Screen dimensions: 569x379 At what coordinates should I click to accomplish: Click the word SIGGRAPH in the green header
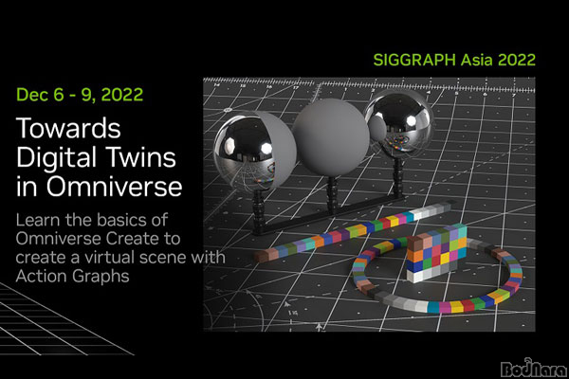click(414, 60)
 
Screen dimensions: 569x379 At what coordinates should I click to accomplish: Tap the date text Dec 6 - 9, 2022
click(80, 95)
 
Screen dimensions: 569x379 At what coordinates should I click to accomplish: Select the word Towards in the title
click(68, 128)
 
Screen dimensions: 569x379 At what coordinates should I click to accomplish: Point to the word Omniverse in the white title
click(114, 186)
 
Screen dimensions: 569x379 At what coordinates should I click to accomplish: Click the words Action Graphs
click(73, 277)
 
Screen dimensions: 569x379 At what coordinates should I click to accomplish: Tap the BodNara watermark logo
click(533, 368)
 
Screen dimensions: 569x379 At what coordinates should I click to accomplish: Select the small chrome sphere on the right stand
click(399, 122)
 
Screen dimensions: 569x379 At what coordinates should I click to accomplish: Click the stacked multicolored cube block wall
click(436, 253)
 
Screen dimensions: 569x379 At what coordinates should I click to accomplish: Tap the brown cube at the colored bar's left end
click(262, 255)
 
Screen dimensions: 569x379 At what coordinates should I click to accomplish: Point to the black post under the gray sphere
click(332, 194)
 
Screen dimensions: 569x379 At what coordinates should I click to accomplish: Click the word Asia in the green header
click(477, 60)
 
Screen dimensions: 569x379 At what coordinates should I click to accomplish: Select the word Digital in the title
click(58, 158)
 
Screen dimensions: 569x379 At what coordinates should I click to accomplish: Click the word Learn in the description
click(38, 220)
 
